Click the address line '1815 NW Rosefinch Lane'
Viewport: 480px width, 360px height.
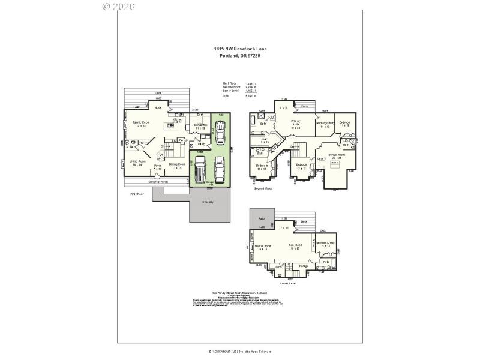coord(240,50)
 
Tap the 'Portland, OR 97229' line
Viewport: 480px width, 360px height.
coord(240,56)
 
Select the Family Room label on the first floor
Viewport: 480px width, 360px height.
coord(141,124)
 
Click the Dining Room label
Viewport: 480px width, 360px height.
coord(176,165)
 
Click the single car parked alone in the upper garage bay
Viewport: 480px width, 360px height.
coord(221,130)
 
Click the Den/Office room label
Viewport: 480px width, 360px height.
coord(201,126)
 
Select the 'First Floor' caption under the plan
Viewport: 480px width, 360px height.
coord(137,194)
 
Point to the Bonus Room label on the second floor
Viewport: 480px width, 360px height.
coord(337,156)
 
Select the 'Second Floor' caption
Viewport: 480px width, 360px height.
coord(263,188)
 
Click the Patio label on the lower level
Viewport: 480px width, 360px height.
coord(262,219)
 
